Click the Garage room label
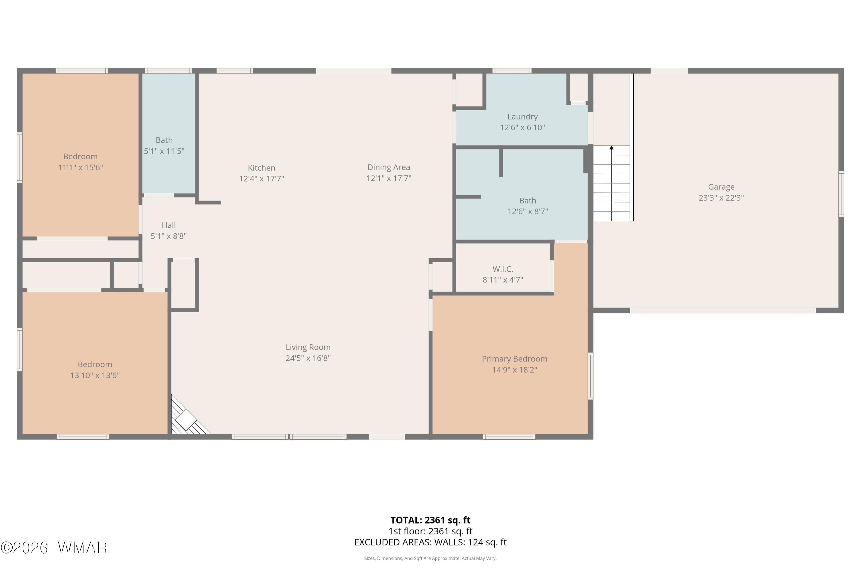click(721, 187)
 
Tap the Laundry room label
click(522, 117)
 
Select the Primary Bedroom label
click(514, 359)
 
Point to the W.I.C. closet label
click(503, 269)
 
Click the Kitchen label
click(261, 168)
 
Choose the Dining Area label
click(389, 167)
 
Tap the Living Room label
click(308, 347)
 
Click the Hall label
click(169, 225)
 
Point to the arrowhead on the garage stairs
click(611, 148)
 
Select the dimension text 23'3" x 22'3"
click(721, 198)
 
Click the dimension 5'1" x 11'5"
click(164, 151)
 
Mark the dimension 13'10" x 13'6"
click(95, 375)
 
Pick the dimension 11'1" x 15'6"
click(81, 168)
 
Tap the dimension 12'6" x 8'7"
click(528, 212)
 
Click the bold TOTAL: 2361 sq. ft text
click(430, 520)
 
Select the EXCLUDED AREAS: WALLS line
click(430, 542)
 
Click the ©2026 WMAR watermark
click(54, 548)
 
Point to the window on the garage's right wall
click(841, 194)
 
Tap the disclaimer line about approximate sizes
click(430, 558)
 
